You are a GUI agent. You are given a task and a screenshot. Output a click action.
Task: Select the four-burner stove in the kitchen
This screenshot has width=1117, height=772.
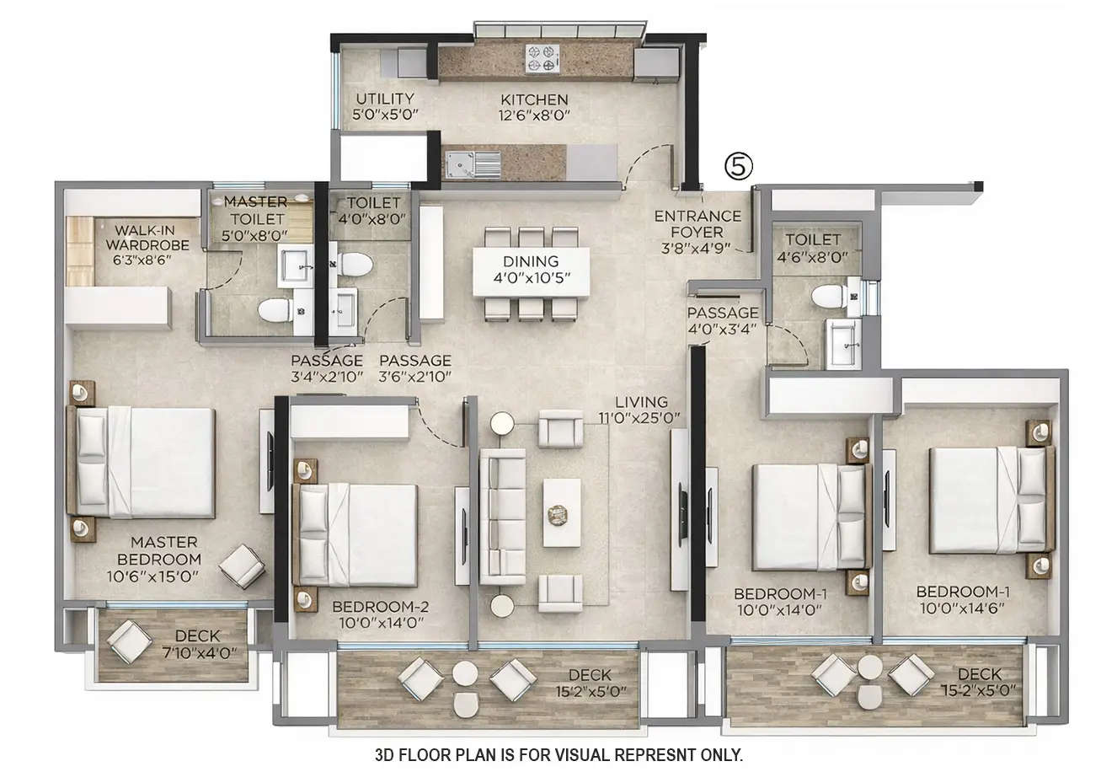541,58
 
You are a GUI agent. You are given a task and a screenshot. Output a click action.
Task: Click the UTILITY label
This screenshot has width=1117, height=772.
385,99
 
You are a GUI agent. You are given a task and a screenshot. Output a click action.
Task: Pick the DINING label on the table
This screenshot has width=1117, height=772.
531,261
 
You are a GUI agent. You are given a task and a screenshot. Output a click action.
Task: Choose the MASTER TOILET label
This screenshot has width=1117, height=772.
255,202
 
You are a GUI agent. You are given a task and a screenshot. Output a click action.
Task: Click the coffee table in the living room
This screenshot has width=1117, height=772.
561,512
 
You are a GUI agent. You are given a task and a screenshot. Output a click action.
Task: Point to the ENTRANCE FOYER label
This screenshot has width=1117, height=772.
697,224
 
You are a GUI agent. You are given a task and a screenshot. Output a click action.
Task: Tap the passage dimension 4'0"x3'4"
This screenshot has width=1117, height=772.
723,330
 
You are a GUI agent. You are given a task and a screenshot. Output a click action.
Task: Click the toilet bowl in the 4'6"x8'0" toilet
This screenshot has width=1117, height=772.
827,296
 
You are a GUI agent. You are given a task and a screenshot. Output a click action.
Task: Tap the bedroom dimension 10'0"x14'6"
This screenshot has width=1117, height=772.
963,608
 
